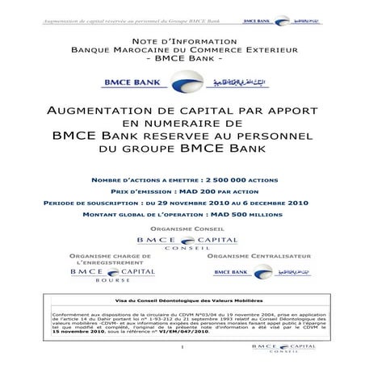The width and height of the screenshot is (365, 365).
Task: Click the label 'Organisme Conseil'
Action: (x=182, y=227)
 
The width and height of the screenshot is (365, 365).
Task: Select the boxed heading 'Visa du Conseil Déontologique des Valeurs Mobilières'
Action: (x=182, y=301)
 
